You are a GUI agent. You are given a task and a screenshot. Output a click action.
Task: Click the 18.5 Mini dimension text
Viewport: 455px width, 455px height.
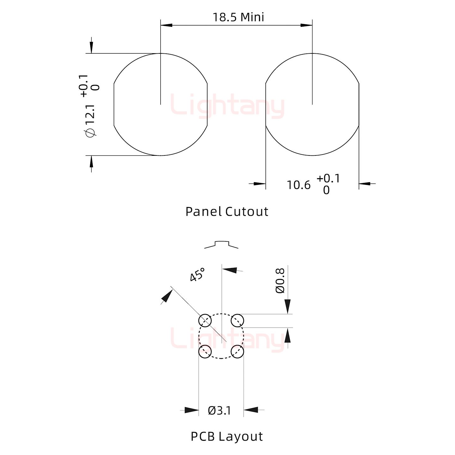click(x=238, y=17)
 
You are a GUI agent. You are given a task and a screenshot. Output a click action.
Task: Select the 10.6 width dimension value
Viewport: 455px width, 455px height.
click(x=299, y=185)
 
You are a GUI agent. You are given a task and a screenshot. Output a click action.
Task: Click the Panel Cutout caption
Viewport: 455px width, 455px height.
click(x=227, y=212)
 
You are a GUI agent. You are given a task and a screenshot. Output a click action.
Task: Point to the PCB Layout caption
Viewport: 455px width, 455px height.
click(x=227, y=437)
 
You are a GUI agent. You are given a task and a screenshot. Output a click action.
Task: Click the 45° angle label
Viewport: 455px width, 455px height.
click(x=197, y=275)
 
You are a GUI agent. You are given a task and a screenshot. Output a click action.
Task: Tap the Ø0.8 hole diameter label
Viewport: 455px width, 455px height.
click(x=280, y=281)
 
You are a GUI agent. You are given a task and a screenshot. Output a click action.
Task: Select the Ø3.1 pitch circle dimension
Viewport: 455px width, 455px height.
click(x=219, y=411)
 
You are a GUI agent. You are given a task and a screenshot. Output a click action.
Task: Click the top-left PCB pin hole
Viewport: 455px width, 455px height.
click(x=205, y=321)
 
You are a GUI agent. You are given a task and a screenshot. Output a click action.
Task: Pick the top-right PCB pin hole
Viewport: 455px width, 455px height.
click(x=237, y=321)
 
